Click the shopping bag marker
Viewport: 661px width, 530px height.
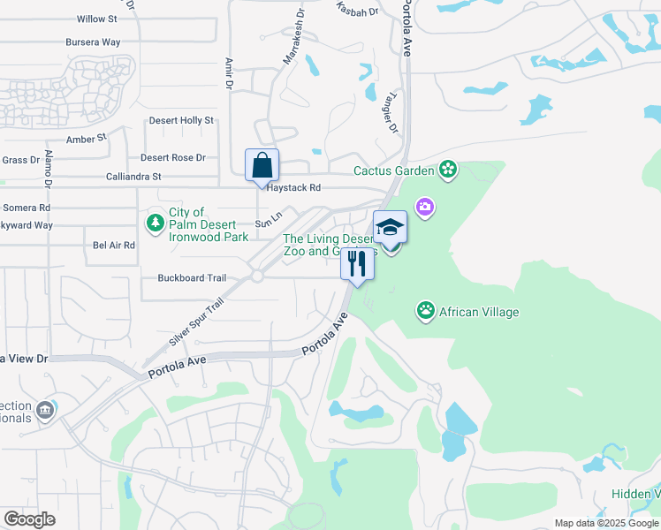(262, 165)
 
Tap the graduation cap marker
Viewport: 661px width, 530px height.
(390, 228)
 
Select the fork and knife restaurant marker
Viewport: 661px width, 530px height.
(357, 264)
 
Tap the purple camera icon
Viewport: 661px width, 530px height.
(426, 207)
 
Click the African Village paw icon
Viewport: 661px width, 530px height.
(426, 311)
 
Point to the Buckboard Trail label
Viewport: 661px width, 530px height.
(192, 277)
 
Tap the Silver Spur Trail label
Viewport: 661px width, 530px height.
(195, 322)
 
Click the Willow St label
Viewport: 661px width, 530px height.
(97, 19)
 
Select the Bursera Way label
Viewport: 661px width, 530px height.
(93, 42)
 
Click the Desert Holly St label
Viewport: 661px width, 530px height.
(181, 120)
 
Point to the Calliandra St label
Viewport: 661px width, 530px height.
(133, 177)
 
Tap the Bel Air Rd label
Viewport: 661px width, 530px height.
(114, 245)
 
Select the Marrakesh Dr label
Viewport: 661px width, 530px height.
(293, 55)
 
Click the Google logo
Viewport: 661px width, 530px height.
(29, 519)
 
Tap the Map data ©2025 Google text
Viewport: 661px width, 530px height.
(606, 523)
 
